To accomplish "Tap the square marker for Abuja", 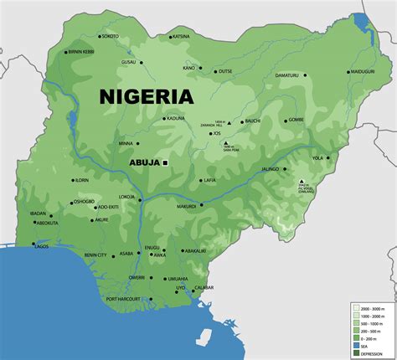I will pos(166,162).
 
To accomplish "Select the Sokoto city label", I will pos(110,37).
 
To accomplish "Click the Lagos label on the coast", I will pos(41,246).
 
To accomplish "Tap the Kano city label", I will pos(188,68).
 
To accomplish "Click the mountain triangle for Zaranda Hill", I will pos(229,123).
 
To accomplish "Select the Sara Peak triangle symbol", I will pos(225,143).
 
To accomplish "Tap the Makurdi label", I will pos(187,206).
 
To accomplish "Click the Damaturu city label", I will pos(286,75).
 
